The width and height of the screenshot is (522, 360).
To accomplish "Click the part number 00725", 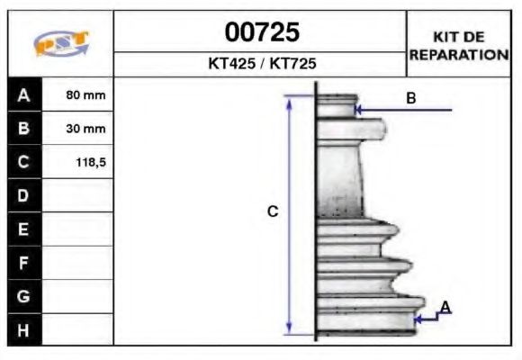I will pyautogui.click(x=261, y=33).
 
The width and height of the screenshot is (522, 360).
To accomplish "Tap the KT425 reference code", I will pyautogui.click(x=230, y=65).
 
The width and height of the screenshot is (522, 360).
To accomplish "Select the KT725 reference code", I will pyautogui.click(x=292, y=65).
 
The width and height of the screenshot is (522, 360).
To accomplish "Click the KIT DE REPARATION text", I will pyautogui.click(x=459, y=46).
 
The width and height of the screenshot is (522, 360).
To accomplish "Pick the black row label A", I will pyautogui.click(x=24, y=94).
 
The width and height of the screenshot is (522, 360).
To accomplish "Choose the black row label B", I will pyautogui.click(x=24, y=129).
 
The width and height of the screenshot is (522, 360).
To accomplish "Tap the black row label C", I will pyautogui.click(x=24, y=163).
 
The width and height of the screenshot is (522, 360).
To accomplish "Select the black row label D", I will pyautogui.click(x=24, y=195).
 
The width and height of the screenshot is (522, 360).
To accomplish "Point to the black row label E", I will pyautogui.click(x=24, y=229).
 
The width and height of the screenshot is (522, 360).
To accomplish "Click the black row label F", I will pyautogui.click(x=24, y=264).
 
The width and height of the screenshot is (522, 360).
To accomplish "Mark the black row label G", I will pyautogui.click(x=24, y=296).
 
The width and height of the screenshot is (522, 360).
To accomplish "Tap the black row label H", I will pyautogui.click(x=24, y=330).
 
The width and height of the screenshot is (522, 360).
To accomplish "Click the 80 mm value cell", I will pyautogui.click(x=86, y=94).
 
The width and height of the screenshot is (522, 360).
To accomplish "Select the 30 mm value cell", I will pyautogui.click(x=86, y=129).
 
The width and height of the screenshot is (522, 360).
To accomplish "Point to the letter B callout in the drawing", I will pyautogui.click(x=410, y=98).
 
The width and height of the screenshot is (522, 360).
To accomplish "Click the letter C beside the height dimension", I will pyautogui.click(x=273, y=212).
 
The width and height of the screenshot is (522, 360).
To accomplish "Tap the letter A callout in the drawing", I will pyautogui.click(x=445, y=308).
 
